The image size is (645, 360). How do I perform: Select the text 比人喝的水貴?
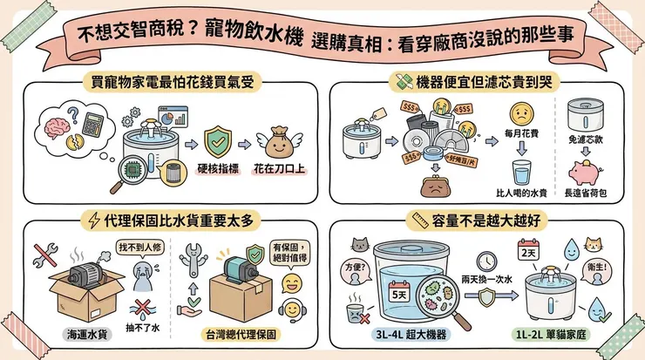(x=521, y=194)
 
